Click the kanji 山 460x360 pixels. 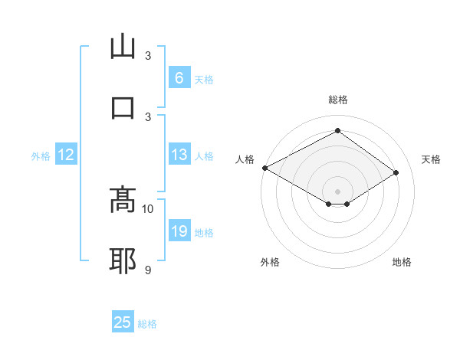[x=123, y=47]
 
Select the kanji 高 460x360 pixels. [x=123, y=201]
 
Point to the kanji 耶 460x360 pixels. [x=123, y=260]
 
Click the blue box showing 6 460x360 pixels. [x=179, y=78]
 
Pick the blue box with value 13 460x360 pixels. [x=179, y=155]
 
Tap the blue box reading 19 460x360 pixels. [x=179, y=232]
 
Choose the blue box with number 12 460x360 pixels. [x=66, y=155]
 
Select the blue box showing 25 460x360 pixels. [x=123, y=322]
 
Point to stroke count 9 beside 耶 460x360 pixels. [x=148, y=270]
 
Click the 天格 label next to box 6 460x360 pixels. [x=204, y=79]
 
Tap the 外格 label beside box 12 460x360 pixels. [x=41, y=156]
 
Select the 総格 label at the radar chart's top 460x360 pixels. [x=338, y=100]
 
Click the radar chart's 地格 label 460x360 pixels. [x=402, y=262]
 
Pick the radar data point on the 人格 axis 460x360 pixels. [x=264, y=168]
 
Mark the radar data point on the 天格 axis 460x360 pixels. [x=396, y=173]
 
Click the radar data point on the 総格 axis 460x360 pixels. [x=337, y=131]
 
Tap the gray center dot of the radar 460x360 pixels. [x=337, y=191]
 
